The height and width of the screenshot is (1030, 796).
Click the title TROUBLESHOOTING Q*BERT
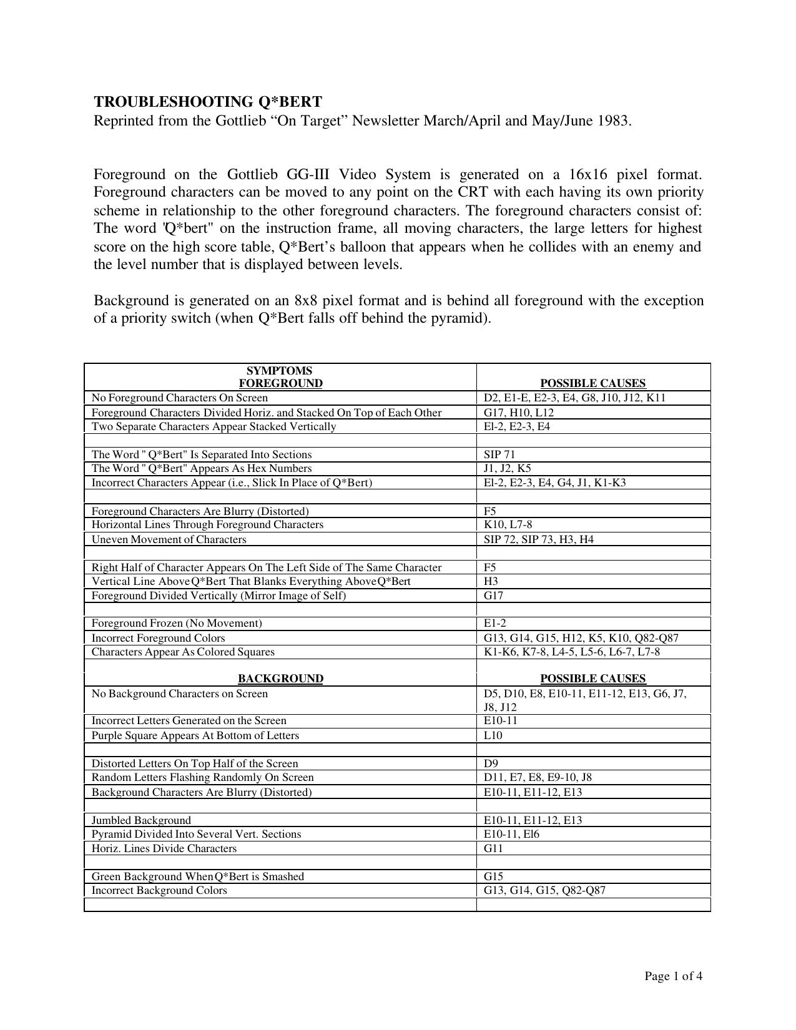(x=208, y=102)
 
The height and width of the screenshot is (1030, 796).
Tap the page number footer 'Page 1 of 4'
(x=674, y=976)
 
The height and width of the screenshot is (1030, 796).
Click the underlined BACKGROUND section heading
(x=280, y=679)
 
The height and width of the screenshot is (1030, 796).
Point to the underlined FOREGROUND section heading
(x=281, y=383)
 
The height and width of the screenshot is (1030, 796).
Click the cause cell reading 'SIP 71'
(x=499, y=454)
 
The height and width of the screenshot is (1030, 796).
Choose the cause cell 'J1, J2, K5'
(x=508, y=468)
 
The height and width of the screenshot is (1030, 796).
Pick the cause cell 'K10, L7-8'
(x=508, y=524)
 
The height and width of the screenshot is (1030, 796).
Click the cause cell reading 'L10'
(x=493, y=735)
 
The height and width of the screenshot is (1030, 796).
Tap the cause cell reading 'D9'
(x=491, y=763)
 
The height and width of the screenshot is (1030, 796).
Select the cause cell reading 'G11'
(x=493, y=848)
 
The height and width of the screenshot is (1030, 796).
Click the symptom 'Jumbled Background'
(x=141, y=820)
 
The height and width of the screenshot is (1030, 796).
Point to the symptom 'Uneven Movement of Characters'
(x=169, y=539)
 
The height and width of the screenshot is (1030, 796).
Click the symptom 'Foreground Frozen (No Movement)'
(x=177, y=623)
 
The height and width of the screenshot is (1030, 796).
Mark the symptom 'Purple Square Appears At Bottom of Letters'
(x=195, y=735)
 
